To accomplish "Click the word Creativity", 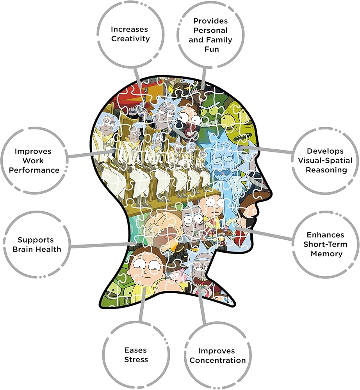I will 130,39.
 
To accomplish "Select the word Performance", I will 34,170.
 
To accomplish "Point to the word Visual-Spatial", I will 324,160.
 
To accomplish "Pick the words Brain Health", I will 37,249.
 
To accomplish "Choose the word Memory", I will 326,254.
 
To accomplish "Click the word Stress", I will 136,359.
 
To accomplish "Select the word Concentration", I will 217,360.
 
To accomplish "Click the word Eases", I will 136,350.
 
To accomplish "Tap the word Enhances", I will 325,235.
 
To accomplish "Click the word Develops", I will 325,151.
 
